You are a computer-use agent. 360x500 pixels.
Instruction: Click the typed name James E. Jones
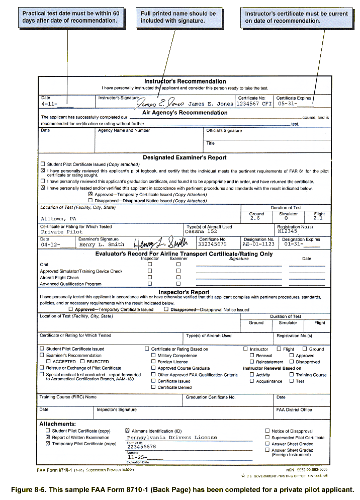[210, 104]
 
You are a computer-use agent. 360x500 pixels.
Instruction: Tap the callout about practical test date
[70, 17]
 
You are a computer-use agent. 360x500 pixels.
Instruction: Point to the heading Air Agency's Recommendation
[185, 113]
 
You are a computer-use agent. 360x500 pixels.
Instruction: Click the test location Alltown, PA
[59, 219]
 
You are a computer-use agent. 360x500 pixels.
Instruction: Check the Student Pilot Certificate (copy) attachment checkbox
[48, 431]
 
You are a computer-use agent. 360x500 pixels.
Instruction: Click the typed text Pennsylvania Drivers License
[172, 438]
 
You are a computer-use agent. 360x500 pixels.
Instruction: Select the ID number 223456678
[141, 447]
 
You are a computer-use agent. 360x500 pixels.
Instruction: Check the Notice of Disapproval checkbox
[267, 431]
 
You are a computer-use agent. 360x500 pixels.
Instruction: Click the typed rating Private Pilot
[59, 232]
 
